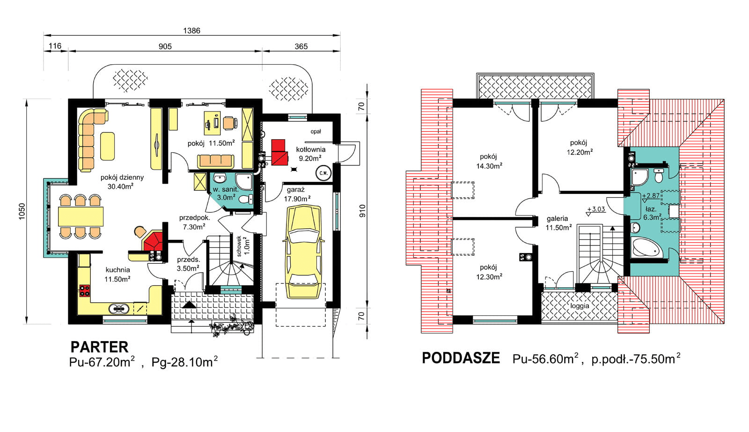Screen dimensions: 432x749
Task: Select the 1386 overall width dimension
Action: click(191, 30)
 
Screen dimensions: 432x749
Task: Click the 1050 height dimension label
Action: click(22, 211)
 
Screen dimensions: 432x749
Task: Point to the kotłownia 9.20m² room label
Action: click(310, 154)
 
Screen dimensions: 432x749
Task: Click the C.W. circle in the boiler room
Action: click(323, 173)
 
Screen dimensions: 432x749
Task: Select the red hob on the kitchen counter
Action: click(85, 290)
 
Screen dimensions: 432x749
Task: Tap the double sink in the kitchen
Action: click(119, 308)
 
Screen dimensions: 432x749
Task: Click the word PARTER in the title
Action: click(99, 347)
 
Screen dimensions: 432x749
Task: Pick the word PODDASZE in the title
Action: click(461, 358)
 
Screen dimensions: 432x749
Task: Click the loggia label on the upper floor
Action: click(580, 305)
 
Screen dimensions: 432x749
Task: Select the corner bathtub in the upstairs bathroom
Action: click(646, 247)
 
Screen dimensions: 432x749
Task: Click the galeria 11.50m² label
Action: click(558, 223)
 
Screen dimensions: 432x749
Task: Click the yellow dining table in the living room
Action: click(81, 216)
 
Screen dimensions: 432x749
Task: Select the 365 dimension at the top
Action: click(301, 46)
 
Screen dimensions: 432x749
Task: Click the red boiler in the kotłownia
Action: click(279, 152)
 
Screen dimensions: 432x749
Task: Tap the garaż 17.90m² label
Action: click(297, 194)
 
